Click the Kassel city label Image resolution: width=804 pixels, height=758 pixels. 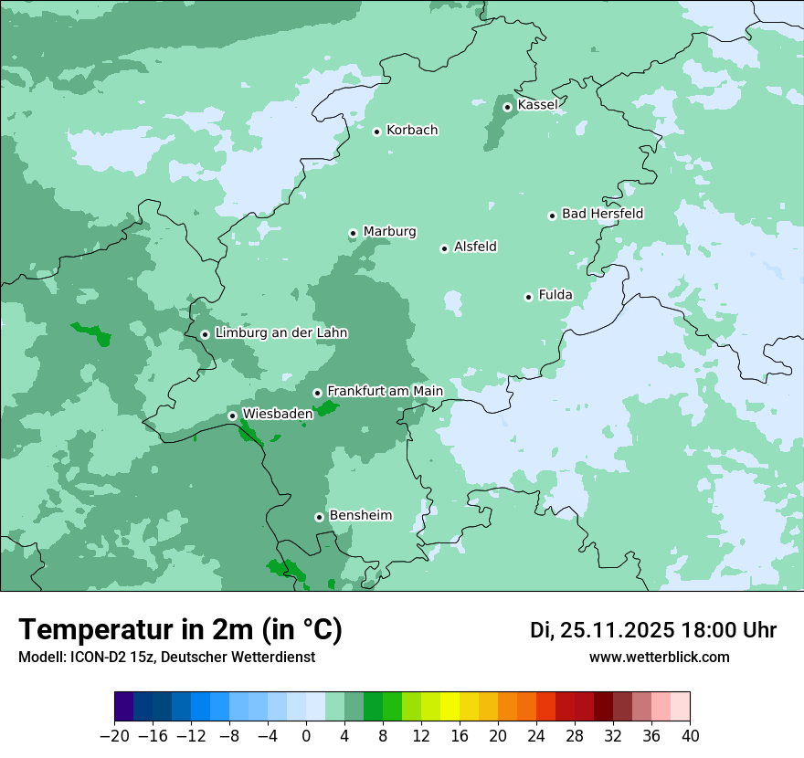click(x=537, y=105)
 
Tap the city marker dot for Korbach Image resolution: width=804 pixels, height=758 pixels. click(x=376, y=132)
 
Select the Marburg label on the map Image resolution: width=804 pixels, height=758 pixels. click(x=389, y=231)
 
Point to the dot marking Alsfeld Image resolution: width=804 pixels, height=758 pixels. click(x=444, y=248)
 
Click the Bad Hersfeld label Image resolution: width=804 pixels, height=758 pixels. click(x=602, y=214)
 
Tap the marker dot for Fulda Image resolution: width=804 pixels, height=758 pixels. click(x=528, y=297)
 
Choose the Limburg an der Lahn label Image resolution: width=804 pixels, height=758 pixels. click(x=280, y=333)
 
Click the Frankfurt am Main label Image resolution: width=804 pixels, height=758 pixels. click(x=385, y=391)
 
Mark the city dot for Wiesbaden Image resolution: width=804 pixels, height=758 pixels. click(x=232, y=416)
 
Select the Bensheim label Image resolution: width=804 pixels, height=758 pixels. click(x=360, y=515)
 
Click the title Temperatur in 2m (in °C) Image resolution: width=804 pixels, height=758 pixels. click(x=180, y=630)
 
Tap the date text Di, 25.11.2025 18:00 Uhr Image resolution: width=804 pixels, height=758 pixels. click(x=653, y=630)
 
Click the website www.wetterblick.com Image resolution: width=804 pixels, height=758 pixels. click(x=659, y=658)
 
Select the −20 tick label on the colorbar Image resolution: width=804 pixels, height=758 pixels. click(x=114, y=736)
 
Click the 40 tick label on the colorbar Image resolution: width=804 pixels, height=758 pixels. click(x=690, y=736)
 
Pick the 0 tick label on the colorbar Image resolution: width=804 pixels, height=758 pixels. click(x=306, y=736)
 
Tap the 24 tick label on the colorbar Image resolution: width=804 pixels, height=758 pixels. click(x=536, y=736)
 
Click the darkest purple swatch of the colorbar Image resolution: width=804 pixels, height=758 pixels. click(x=124, y=707)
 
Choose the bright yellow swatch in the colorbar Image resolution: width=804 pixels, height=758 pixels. click(x=450, y=707)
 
